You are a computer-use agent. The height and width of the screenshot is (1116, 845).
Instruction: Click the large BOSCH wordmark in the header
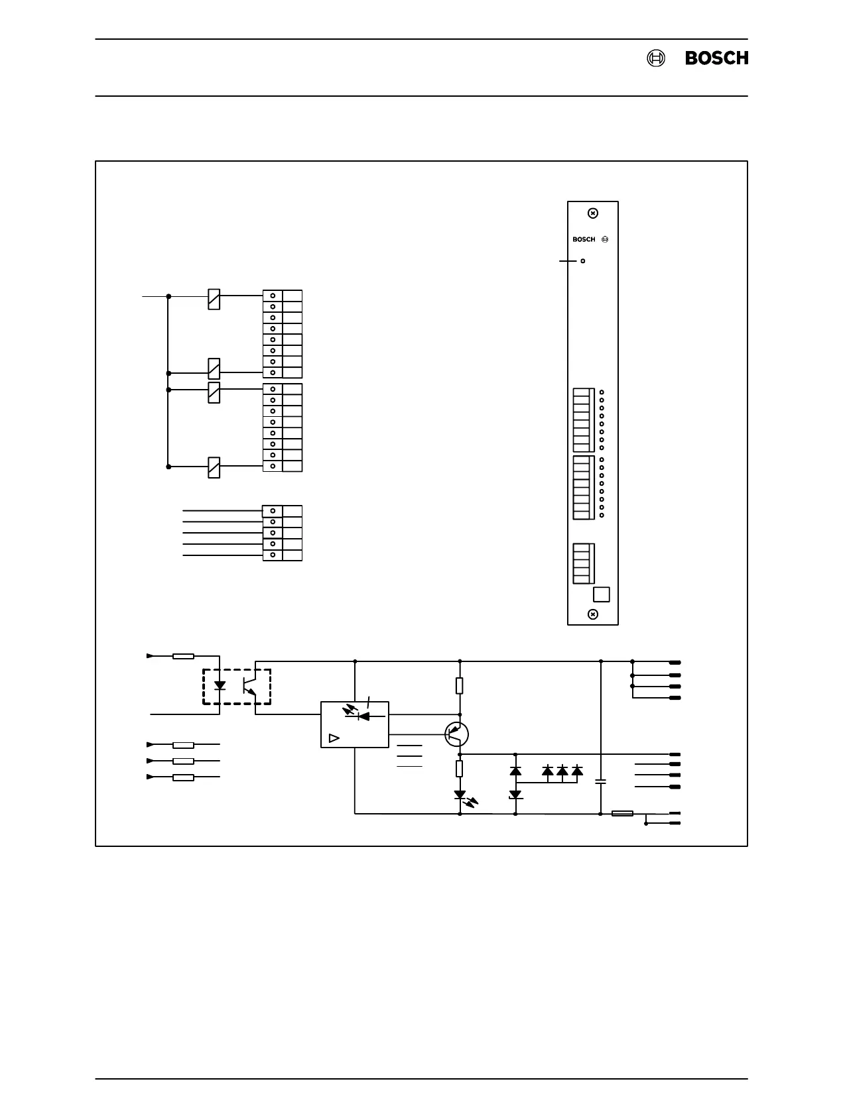(x=716, y=58)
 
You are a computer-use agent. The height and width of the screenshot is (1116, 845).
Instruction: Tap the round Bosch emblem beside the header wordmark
(x=655, y=58)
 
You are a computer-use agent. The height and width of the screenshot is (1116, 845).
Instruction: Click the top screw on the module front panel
(x=593, y=213)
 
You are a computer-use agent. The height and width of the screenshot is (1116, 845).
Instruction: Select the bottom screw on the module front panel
(x=593, y=614)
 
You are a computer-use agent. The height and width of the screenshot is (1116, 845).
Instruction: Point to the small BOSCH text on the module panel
(x=584, y=240)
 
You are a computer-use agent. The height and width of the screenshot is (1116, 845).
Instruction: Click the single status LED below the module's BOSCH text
(x=583, y=261)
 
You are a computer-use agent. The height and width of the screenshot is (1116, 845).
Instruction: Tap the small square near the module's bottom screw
(x=601, y=594)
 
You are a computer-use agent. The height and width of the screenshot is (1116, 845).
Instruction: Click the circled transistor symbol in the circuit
(x=456, y=734)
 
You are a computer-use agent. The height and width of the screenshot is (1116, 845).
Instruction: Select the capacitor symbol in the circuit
(x=601, y=782)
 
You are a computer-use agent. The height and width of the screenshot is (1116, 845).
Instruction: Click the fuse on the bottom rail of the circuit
(x=622, y=813)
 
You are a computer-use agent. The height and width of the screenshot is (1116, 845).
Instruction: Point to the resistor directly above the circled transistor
(x=460, y=685)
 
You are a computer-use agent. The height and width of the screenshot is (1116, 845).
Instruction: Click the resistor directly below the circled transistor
(x=460, y=769)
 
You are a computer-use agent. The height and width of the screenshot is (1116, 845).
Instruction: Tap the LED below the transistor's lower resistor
(x=460, y=795)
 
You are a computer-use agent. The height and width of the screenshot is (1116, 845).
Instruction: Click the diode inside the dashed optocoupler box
(x=220, y=685)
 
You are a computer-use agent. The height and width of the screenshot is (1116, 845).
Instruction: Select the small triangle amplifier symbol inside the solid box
(x=334, y=738)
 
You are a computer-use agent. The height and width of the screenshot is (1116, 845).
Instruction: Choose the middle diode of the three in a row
(x=562, y=771)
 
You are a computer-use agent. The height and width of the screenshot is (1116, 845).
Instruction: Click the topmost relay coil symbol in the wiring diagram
(x=214, y=299)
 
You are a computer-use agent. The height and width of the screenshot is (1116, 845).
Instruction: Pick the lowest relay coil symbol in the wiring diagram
(x=214, y=467)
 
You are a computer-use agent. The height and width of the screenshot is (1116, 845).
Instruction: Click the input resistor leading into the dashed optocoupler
(x=183, y=656)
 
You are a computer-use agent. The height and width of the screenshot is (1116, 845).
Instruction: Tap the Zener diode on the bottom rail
(x=515, y=795)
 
